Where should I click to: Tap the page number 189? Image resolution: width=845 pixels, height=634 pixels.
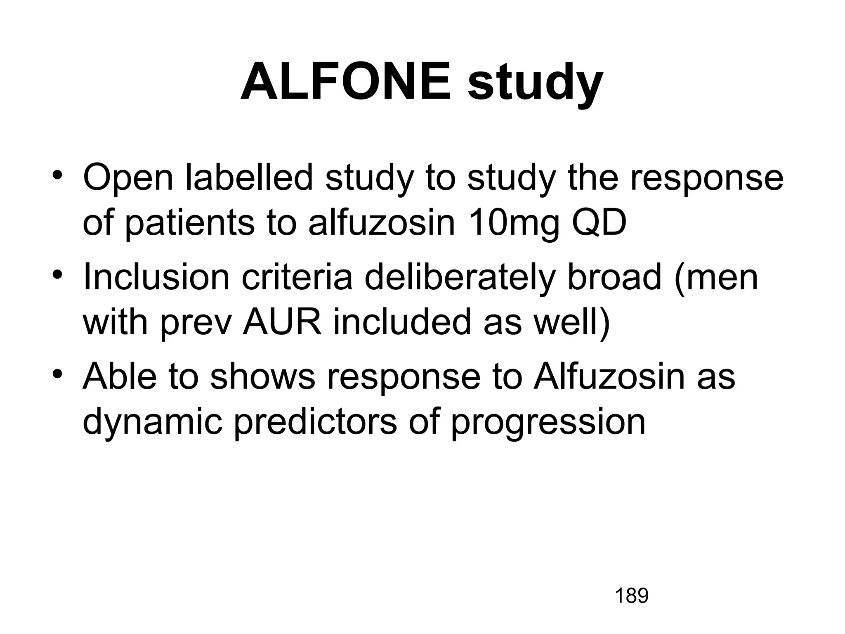click(x=632, y=596)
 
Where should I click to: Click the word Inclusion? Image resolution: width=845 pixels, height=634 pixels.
click(x=156, y=277)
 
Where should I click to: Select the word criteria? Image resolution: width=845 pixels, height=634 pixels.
click(x=297, y=277)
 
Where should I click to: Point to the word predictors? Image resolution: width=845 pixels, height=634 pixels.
click(x=315, y=423)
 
